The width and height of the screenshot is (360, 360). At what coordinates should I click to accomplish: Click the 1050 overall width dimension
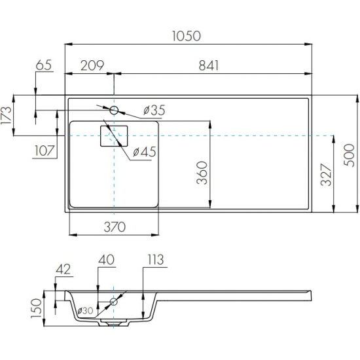click(186, 36)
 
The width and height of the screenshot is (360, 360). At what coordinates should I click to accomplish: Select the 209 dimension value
click(92, 65)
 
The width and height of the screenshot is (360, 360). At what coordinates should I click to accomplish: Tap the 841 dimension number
click(208, 65)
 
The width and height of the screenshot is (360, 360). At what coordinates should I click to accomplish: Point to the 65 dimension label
click(44, 65)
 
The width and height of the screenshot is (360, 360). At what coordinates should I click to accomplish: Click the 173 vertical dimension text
click(6, 115)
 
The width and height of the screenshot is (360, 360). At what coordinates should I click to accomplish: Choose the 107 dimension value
click(45, 151)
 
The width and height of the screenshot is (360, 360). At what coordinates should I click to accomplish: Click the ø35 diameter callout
click(154, 110)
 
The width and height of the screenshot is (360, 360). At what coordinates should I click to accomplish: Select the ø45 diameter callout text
click(145, 152)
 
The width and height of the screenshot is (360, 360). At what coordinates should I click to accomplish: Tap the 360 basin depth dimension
click(202, 173)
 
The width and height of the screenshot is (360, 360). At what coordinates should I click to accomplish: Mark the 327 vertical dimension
click(326, 175)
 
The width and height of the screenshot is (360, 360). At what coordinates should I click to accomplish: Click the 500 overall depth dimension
click(350, 155)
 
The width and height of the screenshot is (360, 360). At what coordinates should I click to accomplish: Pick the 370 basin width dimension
click(115, 227)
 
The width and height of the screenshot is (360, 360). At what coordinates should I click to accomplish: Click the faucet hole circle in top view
click(114, 110)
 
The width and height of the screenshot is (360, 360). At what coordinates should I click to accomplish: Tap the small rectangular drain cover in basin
click(114, 136)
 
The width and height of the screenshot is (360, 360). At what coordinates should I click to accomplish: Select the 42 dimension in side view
click(63, 269)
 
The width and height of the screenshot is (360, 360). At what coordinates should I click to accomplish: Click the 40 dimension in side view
click(106, 260)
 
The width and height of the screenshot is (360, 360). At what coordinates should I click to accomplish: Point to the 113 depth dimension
click(155, 260)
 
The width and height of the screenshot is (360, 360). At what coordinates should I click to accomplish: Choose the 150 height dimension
click(37, 308)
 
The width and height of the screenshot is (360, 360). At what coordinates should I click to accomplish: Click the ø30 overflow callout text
click(85, 311)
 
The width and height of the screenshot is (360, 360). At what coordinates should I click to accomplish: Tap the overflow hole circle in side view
click(114, 301)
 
